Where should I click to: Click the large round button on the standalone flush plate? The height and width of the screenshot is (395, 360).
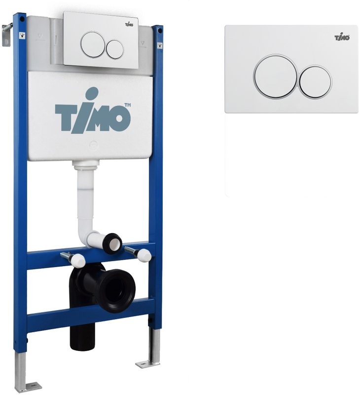pyautogui.click(x=275, y=77)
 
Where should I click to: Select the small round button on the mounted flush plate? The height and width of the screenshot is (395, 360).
pyautogui.click(x=115, y=48)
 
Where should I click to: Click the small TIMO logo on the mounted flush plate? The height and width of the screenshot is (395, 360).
pyautogui.click(x=130, y=23)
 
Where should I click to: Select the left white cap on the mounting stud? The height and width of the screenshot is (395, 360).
pyautogui.click(x=77, y=260)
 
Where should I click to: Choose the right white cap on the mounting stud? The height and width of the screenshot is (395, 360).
pyautogui.click(x=144, y=255)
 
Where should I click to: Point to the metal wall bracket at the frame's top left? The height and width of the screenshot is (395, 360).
pyautogui.click(x=6, y=33)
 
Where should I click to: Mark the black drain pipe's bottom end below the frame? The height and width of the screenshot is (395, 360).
pyautogui.click(x=82, y=344)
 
